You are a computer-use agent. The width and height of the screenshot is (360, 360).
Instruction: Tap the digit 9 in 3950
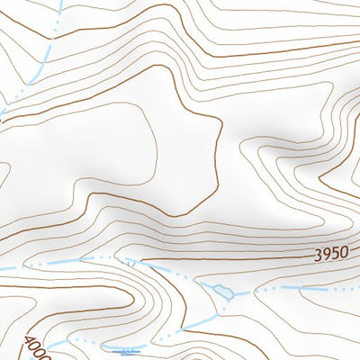click(327, 254)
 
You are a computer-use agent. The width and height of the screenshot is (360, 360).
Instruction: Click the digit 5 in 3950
click(335, 254)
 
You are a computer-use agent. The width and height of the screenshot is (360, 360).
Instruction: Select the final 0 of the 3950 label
click(343, 254)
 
